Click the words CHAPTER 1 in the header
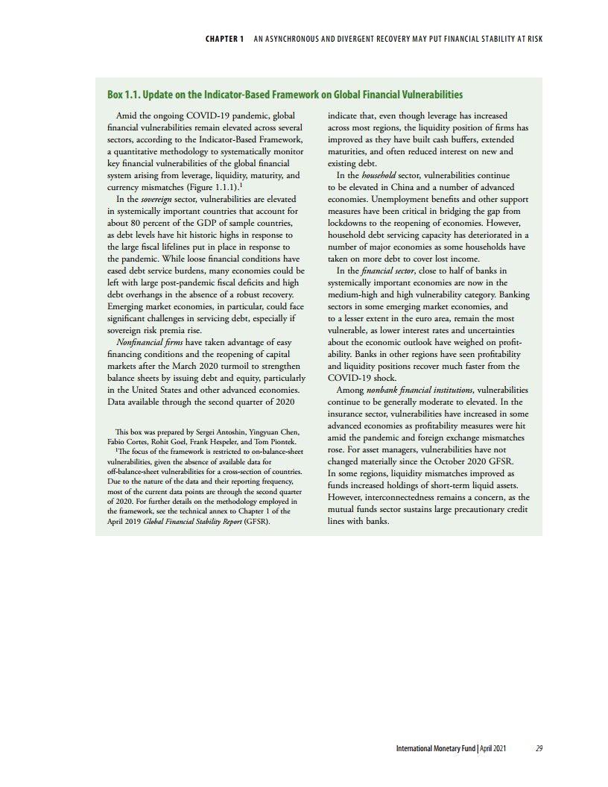point(224,39)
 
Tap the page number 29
point(539,748)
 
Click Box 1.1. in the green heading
point(123,95)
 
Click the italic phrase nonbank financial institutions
point(421,390)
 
